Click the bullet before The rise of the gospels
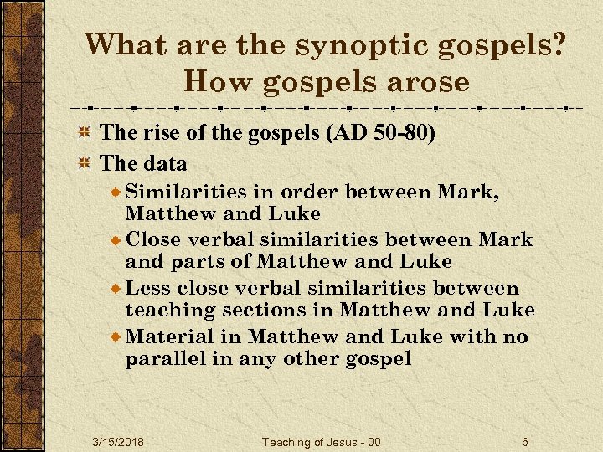[x=84, y=134]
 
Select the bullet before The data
[x=84, y=163]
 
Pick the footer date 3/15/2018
[x=118, y=441]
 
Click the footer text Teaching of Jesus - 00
[x=322, y=441]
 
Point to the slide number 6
[x=525, y=441]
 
